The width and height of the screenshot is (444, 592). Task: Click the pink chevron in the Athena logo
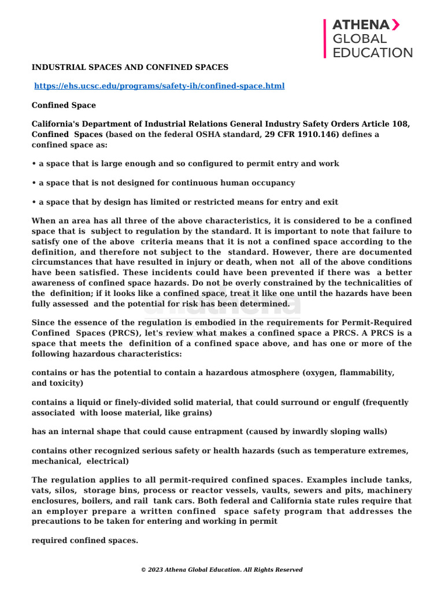pyautogui.click(x=395, y=24)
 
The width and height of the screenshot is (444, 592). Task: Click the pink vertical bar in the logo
pyautogui.click(x=325, y=38)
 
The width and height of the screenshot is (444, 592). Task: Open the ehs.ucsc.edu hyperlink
pyautogui.click(x=159, y=86)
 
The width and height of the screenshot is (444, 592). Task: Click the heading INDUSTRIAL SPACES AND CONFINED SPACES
pyautogui.click(x=130, y=68)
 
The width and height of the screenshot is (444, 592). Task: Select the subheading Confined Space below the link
pyautogui.click(x=64, y=105)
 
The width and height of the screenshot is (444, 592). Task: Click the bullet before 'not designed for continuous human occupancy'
pyautogui.click(x=34, y=183)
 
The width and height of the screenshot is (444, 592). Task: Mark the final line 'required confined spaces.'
pyautogui.click(x=85, y=541)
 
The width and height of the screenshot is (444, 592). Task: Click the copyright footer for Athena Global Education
pyautogui.click(x=222, y=569)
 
